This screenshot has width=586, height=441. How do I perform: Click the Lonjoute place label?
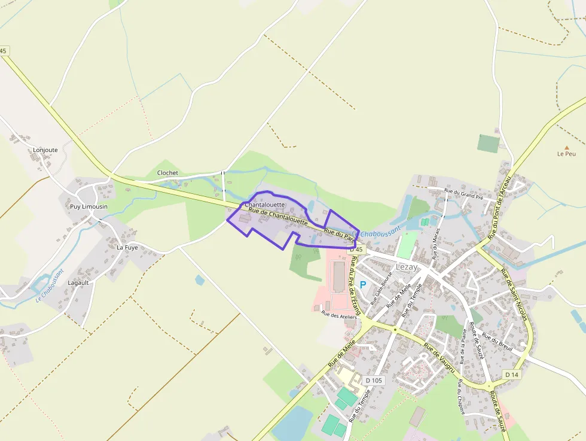[45, 150]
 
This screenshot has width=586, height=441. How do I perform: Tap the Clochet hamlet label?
[167, 173]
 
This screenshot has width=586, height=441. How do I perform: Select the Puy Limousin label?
[88, 206]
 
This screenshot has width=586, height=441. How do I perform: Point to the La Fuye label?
[127, 247]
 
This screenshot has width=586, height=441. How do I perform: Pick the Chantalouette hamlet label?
[265, 205]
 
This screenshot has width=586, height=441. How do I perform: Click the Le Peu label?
[566, 154]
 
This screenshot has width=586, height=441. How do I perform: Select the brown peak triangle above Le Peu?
[566, 147]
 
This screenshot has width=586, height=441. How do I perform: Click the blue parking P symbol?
[362, 285]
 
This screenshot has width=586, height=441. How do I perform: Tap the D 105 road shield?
[373, 381]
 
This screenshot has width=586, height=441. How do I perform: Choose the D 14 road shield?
[511, 375]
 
